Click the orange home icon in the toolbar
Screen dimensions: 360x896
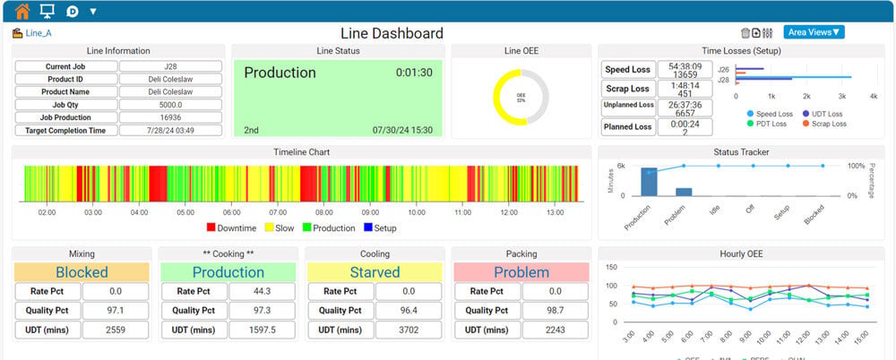[22, 12]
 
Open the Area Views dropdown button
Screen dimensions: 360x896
[814, 32]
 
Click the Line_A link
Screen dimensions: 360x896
[37, 34]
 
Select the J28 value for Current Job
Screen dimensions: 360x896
[170, 66]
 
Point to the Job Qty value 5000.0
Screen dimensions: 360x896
[170, 104]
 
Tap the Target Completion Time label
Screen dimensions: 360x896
[66, 130]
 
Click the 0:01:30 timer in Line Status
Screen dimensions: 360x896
[414, 73]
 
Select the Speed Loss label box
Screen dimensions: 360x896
[627, 69]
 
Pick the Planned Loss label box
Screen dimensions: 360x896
[627, 126]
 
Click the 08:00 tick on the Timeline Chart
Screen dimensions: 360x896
[323, 212]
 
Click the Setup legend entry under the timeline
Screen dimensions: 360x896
[380, 228]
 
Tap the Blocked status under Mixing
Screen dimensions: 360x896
[82, 272]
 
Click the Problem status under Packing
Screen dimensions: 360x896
[521, 272]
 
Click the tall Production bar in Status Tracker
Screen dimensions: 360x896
[650, 181]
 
